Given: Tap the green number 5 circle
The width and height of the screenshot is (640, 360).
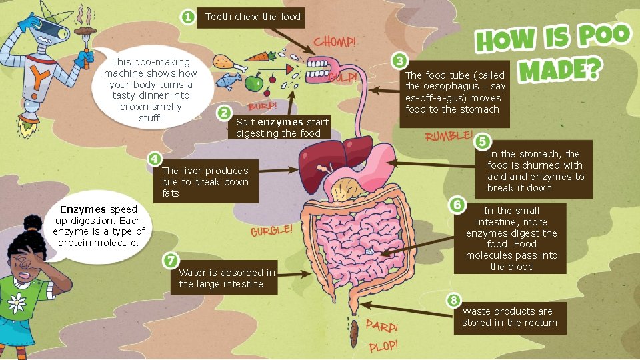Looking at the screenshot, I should point(481,141).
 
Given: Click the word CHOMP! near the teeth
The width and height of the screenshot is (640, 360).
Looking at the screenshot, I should point(335,42).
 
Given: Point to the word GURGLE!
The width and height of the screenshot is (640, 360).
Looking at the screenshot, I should point(271,231).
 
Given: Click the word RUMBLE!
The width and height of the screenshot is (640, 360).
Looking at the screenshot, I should point(449,137).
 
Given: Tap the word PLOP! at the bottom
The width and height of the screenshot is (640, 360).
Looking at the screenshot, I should point(383,347).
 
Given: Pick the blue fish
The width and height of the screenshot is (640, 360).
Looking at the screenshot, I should point(228,80).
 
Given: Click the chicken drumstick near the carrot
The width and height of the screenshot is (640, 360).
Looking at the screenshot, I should point(223,62).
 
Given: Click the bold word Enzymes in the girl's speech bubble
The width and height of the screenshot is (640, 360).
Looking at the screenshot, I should point(80,209).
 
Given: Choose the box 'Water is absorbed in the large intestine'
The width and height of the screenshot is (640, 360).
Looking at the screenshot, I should point(227,278).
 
